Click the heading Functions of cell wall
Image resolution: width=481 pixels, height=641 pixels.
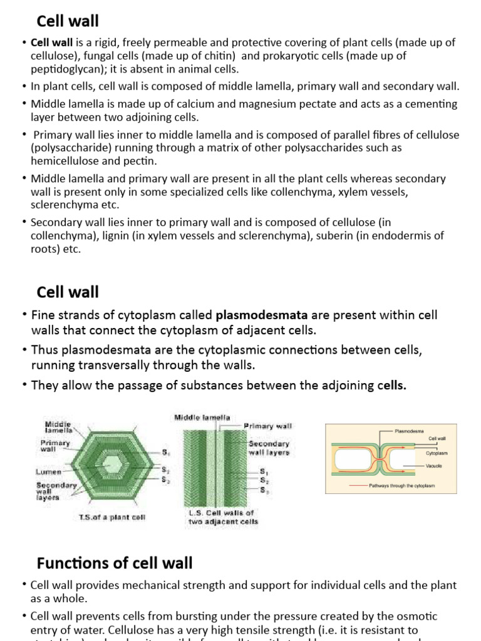pos(115,563)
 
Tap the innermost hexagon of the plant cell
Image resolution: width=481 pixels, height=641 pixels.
pos(114,464)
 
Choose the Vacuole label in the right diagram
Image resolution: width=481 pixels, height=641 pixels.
pos(435,466)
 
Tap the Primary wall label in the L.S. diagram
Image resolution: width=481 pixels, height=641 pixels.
pos(267,426)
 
